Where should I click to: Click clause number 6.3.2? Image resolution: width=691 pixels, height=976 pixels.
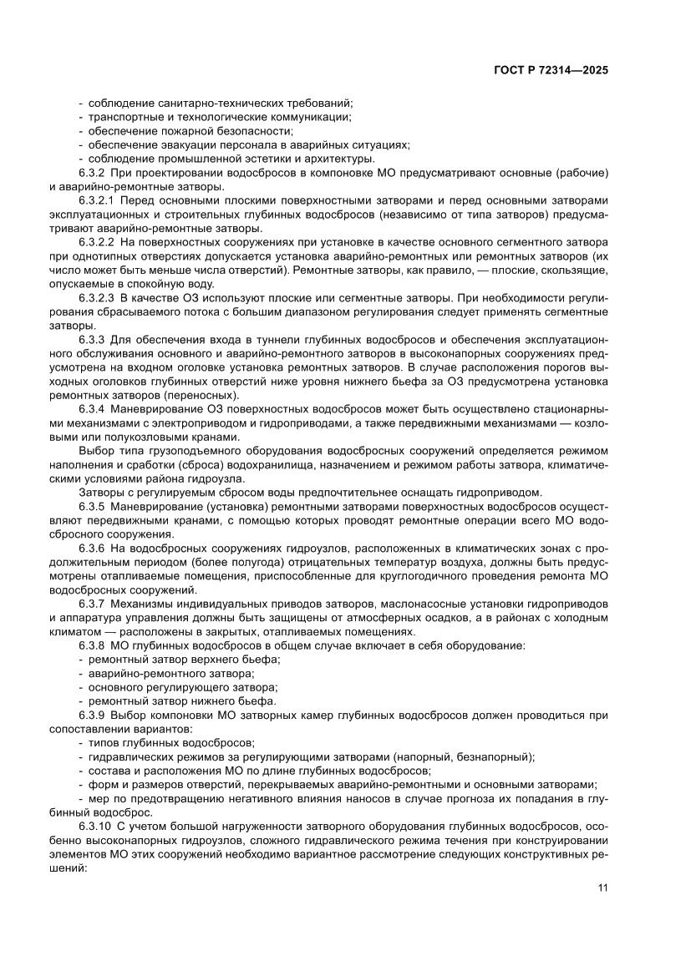91,173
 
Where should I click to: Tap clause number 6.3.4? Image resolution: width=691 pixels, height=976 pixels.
91,410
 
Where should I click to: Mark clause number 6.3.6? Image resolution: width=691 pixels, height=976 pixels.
91,549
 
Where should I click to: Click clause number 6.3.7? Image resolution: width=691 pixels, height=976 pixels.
91,604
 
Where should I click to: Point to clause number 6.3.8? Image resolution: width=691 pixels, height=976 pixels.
91,645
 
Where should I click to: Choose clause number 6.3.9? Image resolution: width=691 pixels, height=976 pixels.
91,715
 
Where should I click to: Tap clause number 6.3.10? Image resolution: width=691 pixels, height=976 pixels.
94,826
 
